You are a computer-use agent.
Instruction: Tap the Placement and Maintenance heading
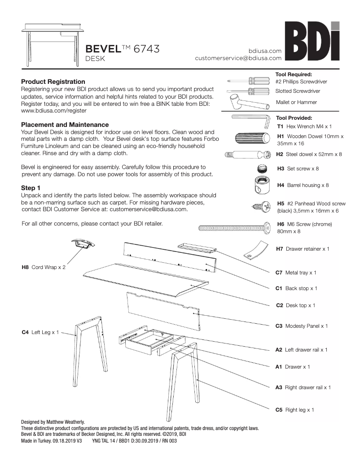pyautogui.click(x=65, y=125)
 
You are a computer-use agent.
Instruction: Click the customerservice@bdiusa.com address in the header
pyautogui.click(x=238, y=58)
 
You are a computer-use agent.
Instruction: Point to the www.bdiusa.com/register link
pyautogui.click(x=54, y=110)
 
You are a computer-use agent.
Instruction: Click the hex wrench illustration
pyautogui.click(x=250, y=120)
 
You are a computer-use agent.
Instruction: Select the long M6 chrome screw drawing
pyautogui.click(x=235, y=228)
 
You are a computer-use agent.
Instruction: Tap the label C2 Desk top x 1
pyautogui.click(x=295, y=305)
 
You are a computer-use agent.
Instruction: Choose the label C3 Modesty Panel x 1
pyautogui.click(x=301, y=326)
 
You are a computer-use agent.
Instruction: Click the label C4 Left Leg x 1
pyautogui.click(x=40, y=332)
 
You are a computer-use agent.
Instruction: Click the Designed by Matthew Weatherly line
pyautogui.click(x=53, y=422)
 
